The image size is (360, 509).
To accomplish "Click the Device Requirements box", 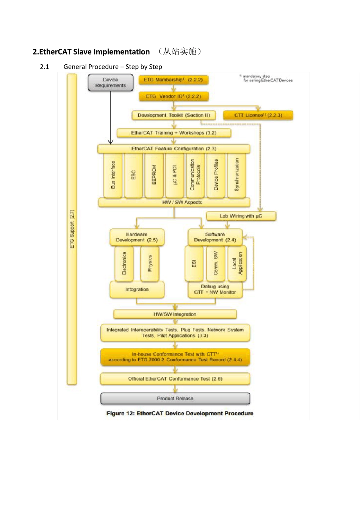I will [110, 83].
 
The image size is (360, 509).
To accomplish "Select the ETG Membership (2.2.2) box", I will [173, 80].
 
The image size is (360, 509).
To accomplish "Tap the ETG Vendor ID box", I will [174, 97].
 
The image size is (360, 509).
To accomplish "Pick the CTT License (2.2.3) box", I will [258, 115].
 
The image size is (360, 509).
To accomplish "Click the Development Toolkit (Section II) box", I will [174, 115].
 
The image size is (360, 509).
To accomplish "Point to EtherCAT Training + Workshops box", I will [174, 133].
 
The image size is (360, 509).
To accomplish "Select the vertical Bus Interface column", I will [113, 175].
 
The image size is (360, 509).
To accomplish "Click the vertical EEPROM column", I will [154, 175].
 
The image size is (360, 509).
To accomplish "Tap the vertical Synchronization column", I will [237, 175].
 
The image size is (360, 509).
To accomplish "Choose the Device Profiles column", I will [216, 175].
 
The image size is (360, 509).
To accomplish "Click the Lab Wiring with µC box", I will [241, 216].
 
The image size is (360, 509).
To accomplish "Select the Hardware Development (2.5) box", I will [137, 237].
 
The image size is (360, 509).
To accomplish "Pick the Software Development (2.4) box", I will [215, 237].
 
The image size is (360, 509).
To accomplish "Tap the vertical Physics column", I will [150, 264].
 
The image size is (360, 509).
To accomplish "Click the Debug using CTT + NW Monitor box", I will [215, 290].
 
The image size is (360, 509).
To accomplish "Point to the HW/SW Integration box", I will [175, 314].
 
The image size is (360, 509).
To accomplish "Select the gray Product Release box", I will [175, 398].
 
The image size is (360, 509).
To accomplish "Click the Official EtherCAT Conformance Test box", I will [175, 379].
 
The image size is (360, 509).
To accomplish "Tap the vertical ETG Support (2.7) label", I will [72, 229].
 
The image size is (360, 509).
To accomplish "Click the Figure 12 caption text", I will [180, 413].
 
